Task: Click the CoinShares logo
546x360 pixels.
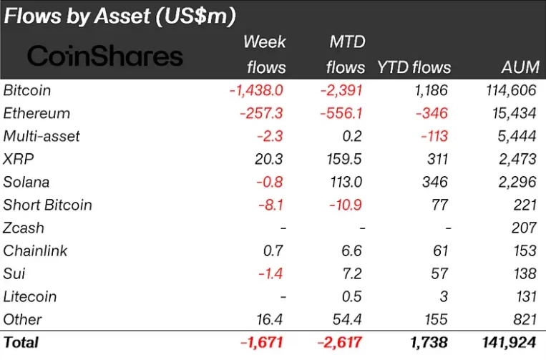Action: point(104,56)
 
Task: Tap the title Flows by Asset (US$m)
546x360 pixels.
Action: point(120,16)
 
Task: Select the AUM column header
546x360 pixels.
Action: point(520,67)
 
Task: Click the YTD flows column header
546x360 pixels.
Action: point(414,67)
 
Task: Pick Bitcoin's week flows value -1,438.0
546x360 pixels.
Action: point(256,90)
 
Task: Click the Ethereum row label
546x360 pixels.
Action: point(36,114)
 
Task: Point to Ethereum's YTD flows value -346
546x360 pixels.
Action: point(432,114)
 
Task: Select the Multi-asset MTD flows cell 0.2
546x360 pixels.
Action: point(352,136)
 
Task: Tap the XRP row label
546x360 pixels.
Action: point(19,159)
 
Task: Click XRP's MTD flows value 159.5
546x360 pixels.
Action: point(344,159)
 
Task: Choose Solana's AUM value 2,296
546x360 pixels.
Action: point(517,182)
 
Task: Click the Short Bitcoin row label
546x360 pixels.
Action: point(47,205)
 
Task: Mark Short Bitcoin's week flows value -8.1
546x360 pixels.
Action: point(270,205)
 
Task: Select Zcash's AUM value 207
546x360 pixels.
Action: point(524,228)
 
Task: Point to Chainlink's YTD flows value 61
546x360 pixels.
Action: point(441,250)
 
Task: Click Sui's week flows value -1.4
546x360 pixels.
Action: point(270,273)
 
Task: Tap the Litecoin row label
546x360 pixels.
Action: point(29,296)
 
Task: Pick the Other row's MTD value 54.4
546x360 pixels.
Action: point(347,320)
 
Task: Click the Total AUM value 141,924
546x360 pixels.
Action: point(509,343)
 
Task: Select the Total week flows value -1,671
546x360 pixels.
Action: point(261,343)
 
